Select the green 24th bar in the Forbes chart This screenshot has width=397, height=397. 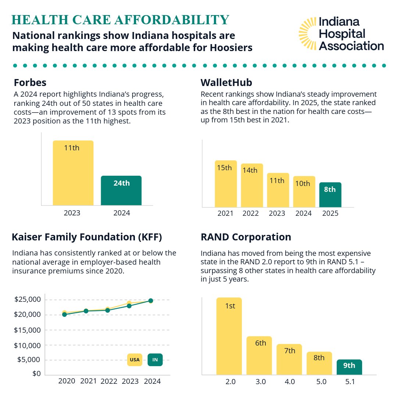pyautogui.click(x=121, y=190)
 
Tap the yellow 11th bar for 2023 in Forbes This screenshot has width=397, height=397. pyautogui.click(x=73, y=173)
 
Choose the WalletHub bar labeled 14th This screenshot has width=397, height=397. pyautogui.click(x=252, y=185)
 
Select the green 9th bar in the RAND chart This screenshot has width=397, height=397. pyautogui.click(x=349, y=367)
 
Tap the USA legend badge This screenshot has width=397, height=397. pyautogui.click(x=135, y=360)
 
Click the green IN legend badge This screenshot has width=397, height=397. pyautogui.click(x=155, y=360)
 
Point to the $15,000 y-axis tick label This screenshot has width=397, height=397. pyautogui.click(x=28, y=330)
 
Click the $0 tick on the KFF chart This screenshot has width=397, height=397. pyautogui.click(x=36, y=374)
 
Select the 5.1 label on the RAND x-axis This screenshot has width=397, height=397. pyautogui.click(x=350, y=382)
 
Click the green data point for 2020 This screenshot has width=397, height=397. pyautogui.click(x=65, y=314)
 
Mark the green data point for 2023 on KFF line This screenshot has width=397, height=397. pyautogui.click(x=129, y=306)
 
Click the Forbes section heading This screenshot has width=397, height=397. pyautogui.click(x=30, y=82)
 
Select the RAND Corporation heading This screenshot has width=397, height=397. pyautogui.click(x=246, y=237)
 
